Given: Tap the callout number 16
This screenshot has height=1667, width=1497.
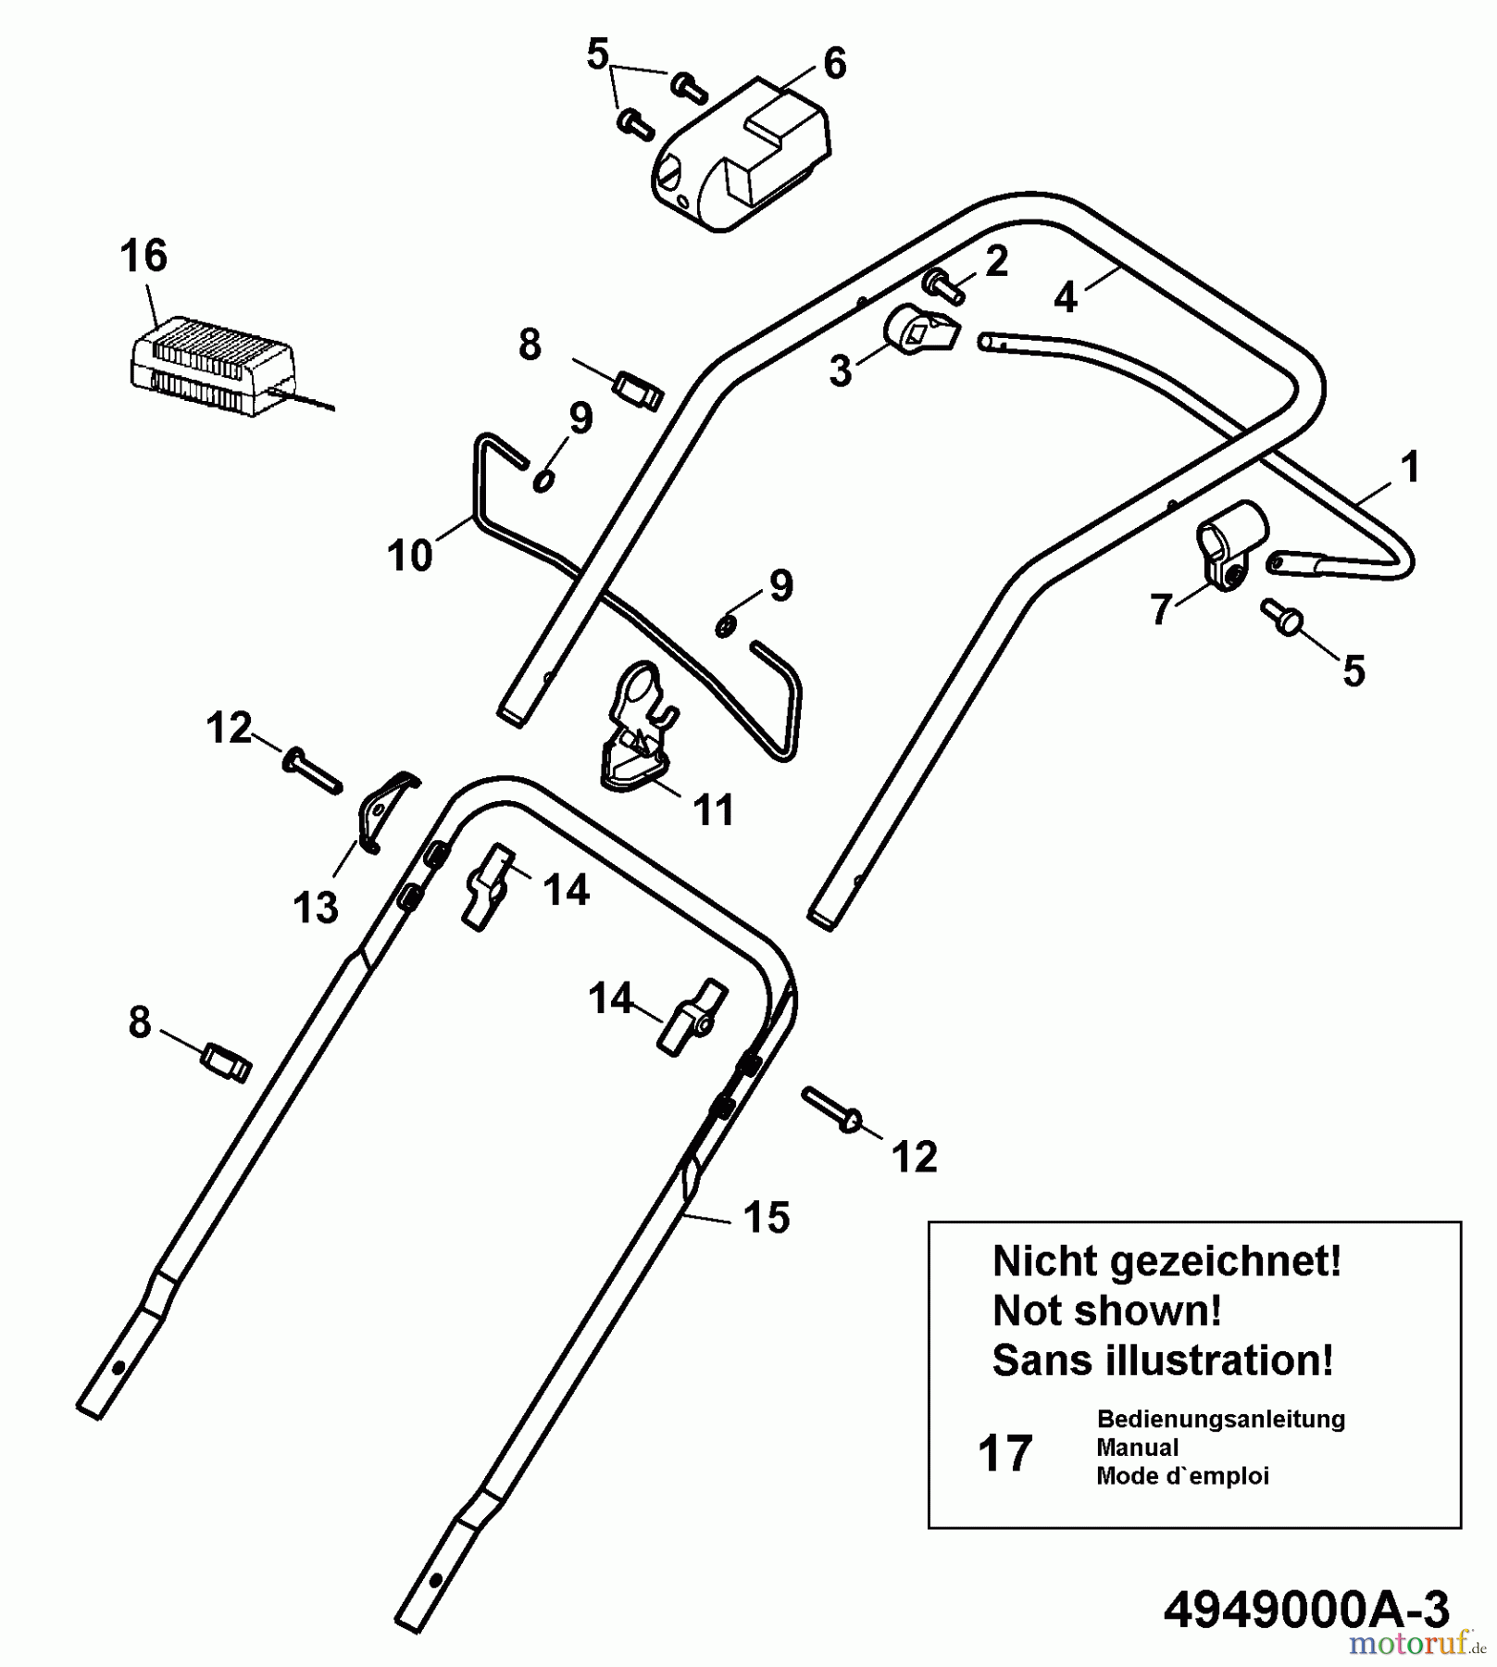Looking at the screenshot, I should (143, 256).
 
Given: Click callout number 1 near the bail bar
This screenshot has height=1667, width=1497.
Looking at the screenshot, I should (1410, 467).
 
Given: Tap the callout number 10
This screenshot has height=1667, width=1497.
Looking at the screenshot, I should (410, 556).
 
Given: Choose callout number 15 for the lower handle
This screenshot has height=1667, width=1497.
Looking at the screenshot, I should (767, 1218).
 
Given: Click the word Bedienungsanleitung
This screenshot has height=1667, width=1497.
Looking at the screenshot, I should (1220, 1419).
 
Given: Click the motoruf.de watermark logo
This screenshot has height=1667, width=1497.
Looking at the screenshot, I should (1416, 1644).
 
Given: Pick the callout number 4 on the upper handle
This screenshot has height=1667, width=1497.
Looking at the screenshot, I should (1066, 298).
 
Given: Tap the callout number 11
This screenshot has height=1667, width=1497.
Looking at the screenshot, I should (713, 809).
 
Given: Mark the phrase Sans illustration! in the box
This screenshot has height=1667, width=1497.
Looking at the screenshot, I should (1163, 1360).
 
